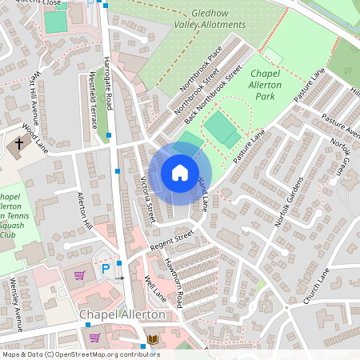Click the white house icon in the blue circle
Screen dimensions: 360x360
pyautogui.click(x=179, y=173)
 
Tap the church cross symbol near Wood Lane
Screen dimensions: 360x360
pyautogui.click(x=18, y=145)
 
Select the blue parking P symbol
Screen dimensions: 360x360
pyautogui.click(x=105, y=270)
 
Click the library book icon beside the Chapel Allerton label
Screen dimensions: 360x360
pyautogui.click(x=152, y=339)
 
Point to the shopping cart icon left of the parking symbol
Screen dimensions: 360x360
pyautogui.click(x=79, y=275)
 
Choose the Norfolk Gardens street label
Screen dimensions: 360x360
pyautogui.click(x=289, y=202)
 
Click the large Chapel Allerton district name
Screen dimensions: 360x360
pyautogui.click(x=122, y=314)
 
